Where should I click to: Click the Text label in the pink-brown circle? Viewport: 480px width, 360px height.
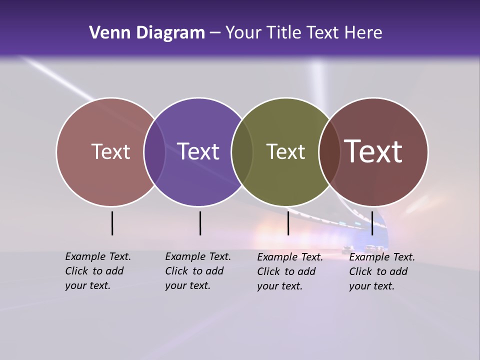pos(110,151)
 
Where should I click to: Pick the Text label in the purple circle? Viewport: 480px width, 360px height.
pos(198,151)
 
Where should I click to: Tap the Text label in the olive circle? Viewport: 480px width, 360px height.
pos(285,151)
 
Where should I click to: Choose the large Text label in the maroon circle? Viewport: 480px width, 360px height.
pos(373,151)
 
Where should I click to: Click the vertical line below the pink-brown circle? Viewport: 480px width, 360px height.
pos(112,223)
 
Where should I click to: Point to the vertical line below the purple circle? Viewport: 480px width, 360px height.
pos(200,223)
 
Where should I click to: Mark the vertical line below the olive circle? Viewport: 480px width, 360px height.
pos(288,223)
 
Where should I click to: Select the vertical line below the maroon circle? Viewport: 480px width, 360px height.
pos(372,223)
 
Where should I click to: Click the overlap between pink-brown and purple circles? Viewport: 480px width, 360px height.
pos(154,151)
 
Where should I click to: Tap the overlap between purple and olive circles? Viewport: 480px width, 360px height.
pos(242,151)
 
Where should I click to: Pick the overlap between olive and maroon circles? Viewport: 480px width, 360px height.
pos(329,151)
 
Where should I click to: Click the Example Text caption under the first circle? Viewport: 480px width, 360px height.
pos(98,271)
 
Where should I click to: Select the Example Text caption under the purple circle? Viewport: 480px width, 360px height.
pos(198,271)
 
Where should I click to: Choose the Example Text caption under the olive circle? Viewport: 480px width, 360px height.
pos(290,271)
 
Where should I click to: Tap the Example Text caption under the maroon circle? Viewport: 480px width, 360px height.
pos(382,271)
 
